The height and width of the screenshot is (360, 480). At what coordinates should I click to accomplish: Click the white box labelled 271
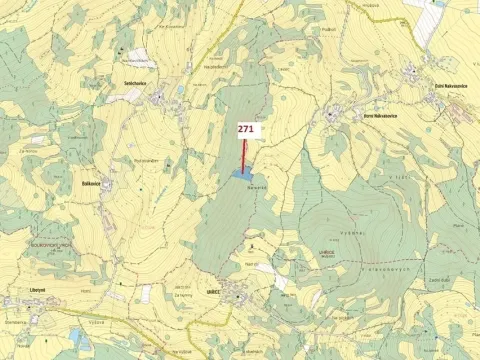(x=247, y=130)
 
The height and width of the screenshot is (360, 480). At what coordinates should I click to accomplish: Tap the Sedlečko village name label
(x=135, y=84)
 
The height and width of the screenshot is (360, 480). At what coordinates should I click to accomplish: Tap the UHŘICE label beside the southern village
(x=212, y=291)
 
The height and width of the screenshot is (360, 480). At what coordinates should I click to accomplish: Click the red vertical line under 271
(x=246, y=155)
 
